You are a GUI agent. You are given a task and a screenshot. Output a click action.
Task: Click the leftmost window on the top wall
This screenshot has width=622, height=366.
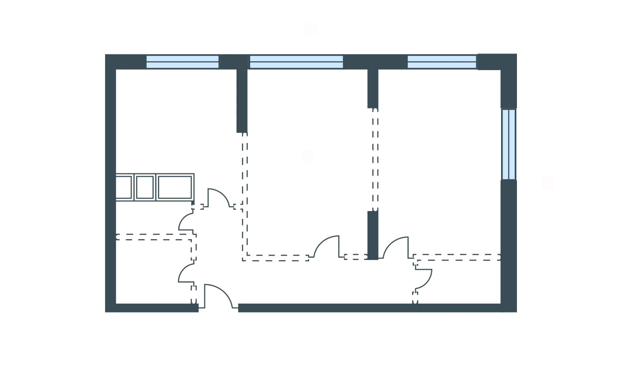182,62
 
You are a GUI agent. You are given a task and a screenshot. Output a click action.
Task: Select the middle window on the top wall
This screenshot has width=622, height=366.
296,62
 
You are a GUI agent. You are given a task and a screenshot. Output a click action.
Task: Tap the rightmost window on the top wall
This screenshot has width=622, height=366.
442,62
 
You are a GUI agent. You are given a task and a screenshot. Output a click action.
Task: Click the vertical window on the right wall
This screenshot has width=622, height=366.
508,144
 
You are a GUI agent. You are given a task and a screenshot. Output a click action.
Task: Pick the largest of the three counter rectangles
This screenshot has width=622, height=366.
175,187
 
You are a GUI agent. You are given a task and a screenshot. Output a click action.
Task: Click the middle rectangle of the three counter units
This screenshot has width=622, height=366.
145,187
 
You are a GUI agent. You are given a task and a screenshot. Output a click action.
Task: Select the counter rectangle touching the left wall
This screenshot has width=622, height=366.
124,187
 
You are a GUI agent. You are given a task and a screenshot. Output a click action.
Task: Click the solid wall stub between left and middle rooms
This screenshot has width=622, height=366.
242,100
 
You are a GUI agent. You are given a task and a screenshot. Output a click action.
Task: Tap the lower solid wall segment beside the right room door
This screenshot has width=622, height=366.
373,235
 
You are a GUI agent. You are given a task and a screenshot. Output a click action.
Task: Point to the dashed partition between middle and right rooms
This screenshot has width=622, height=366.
375,159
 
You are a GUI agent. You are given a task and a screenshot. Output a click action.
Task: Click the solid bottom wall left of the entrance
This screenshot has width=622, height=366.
156,308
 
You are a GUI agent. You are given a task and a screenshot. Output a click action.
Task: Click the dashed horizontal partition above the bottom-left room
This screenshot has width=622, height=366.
153,237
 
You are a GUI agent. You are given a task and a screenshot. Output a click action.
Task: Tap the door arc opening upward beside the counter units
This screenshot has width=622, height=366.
219,197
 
